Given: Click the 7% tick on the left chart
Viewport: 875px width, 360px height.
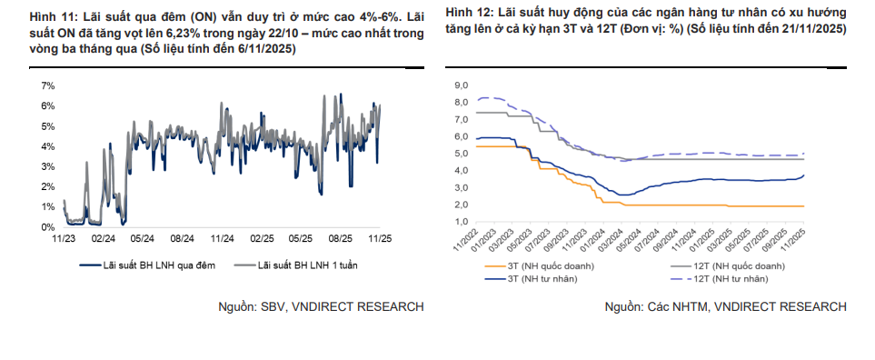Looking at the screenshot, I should (48, 85).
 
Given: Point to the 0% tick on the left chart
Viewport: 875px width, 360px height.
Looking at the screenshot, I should (48, 227).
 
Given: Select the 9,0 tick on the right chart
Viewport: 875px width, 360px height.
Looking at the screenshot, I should (461, 85).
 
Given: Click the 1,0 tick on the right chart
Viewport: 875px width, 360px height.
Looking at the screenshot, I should (461, 222).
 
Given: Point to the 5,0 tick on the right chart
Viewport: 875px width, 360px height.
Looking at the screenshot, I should (461, 154).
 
